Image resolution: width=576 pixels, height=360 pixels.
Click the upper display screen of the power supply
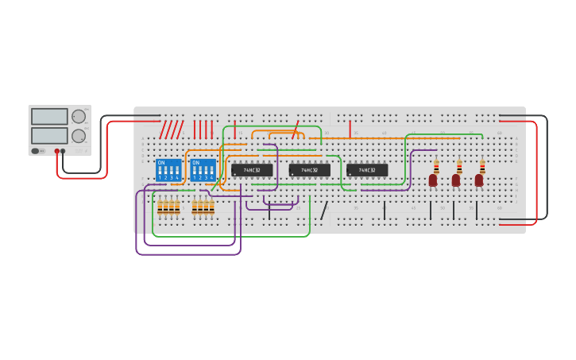pos(49,116)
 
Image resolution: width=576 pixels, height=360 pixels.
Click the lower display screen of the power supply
pos(49,136)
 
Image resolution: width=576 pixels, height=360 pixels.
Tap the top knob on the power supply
pos(79,117)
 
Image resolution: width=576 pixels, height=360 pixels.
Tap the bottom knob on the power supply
pos(79,136)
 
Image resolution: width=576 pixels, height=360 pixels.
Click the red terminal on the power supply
pos(57,151)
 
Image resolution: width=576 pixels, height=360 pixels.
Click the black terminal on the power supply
pos(64,151)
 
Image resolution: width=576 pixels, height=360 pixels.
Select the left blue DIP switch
pos(168,169)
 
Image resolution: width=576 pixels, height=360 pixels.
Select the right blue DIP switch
pos(203,169)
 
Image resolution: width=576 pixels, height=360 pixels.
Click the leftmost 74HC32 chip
pos(252,170)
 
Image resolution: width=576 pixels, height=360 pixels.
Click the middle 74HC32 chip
pos(309,170)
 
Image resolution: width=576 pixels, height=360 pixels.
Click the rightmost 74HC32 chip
pos(367,170)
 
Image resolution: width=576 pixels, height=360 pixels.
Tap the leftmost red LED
pos(433,180)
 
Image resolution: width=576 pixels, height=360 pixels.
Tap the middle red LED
pos(456,180)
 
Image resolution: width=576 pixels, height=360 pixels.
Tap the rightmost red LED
pos(479,180)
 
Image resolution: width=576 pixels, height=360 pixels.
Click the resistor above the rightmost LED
pos(482,165)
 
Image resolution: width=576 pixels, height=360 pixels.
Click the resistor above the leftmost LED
pos(436,165)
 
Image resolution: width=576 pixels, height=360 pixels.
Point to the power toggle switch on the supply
pos(36,151)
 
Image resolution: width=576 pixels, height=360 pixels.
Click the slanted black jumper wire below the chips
pos(324,210)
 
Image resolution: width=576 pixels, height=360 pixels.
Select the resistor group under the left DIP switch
pos(168,207)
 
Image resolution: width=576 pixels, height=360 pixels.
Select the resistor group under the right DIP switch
pos(203,207)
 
